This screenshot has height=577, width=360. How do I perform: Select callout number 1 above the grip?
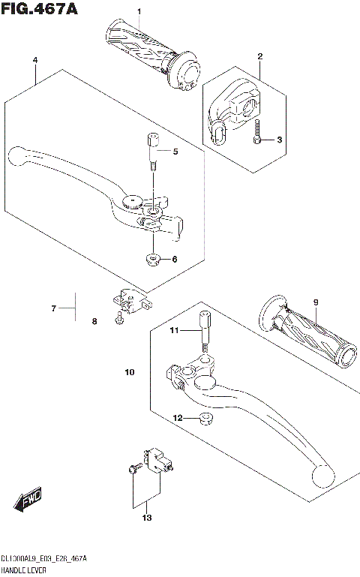tap(138, 11)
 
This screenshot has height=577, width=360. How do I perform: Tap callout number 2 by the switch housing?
tap(260, 56)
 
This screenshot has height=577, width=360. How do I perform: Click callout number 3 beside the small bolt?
tap(279, 140)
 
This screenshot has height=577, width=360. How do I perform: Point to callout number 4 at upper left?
tap(34, 59)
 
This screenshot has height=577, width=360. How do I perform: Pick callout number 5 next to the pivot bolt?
tap(175, 152)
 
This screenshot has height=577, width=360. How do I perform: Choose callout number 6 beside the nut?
tap(174, 260)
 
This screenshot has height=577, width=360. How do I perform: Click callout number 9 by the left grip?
tap(316, 302)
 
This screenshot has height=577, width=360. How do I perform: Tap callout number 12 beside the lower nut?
tap(178, 418)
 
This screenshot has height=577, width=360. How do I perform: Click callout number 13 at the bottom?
tap(147, 518)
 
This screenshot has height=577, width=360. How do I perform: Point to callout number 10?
tap(129, 372)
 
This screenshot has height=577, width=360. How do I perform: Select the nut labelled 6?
tap(152, 260)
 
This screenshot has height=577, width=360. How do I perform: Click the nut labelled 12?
tap(202, 418)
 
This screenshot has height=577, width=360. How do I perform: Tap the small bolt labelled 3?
tap(257, 133)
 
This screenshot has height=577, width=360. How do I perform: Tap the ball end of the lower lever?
tap(322, 476)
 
